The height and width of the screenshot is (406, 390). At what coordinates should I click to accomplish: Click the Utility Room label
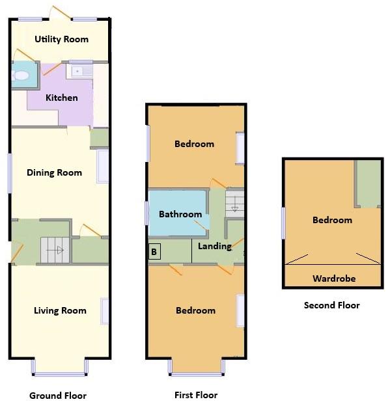[61, 39]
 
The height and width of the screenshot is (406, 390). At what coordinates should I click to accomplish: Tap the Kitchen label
[61, 98]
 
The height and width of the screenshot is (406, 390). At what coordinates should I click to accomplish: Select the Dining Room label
[54, 172]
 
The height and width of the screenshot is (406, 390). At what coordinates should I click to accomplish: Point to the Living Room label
[60, 310]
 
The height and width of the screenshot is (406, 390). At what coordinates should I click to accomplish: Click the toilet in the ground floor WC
[21, 76]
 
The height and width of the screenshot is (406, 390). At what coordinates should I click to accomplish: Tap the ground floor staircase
[55, 249]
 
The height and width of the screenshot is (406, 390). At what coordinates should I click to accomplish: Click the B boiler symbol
[154, 252]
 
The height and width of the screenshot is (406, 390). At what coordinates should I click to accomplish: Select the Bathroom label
[180, 214]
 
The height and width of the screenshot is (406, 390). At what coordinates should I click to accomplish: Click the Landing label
[214, 246]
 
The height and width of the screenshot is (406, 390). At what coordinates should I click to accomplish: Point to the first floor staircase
[234, 202]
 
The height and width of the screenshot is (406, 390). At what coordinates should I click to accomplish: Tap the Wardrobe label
[334, 278]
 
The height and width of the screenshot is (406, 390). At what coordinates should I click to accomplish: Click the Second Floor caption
[331, 305]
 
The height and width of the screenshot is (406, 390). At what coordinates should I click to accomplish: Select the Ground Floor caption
[58, 396]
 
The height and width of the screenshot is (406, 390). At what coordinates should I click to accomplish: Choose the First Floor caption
[196, 395]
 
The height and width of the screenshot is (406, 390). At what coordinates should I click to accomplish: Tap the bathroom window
[147, 214]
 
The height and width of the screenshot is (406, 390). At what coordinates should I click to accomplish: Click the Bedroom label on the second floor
[332, 220]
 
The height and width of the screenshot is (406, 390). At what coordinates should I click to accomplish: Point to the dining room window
[10, 172]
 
